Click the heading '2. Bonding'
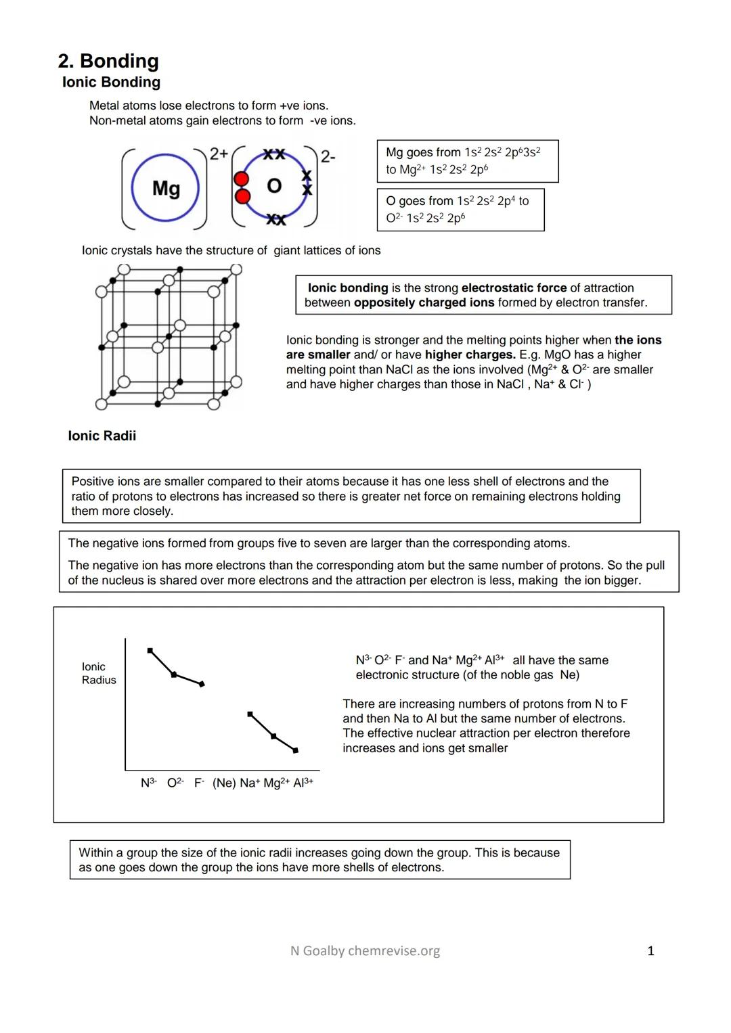pyautogui.click(x=108, y=61)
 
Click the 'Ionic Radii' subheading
pyautogui.click(x=102, y=436)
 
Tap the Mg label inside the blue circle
pyautogui.click(x=166, y=187)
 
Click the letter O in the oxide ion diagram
pyautogui.click(x=274, y=185)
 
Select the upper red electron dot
pyautogui.click(x=242, y=179)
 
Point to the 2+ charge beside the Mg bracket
pyautogui.click(x=219, y=154)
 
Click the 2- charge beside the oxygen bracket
pyautogui.click(x=328, y=157)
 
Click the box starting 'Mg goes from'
pyautogui.click(x=467, y=161)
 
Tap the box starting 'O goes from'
pyautogui.click(x=460, y=210)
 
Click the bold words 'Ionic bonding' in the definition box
pyautogui.click(x=348, y=288)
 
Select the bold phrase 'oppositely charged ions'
pyautogui.click(x=424, y=302)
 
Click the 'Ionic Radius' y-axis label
pyautogui.click(x=98, y=673)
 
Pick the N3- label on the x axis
pyautogui.click(x=148, y=783)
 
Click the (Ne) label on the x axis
pyautogui.click(x=224, y=783)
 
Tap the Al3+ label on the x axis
pyautogui.click(x=303, y=783)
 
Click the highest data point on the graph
pyautogui.click(x=150, y=651)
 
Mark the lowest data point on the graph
pyautogui.click(x=296, y=750)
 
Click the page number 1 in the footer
pyautogui.click(x=650, y=951)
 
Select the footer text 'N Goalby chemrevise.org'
pyautogui.click(x=365, y=951)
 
